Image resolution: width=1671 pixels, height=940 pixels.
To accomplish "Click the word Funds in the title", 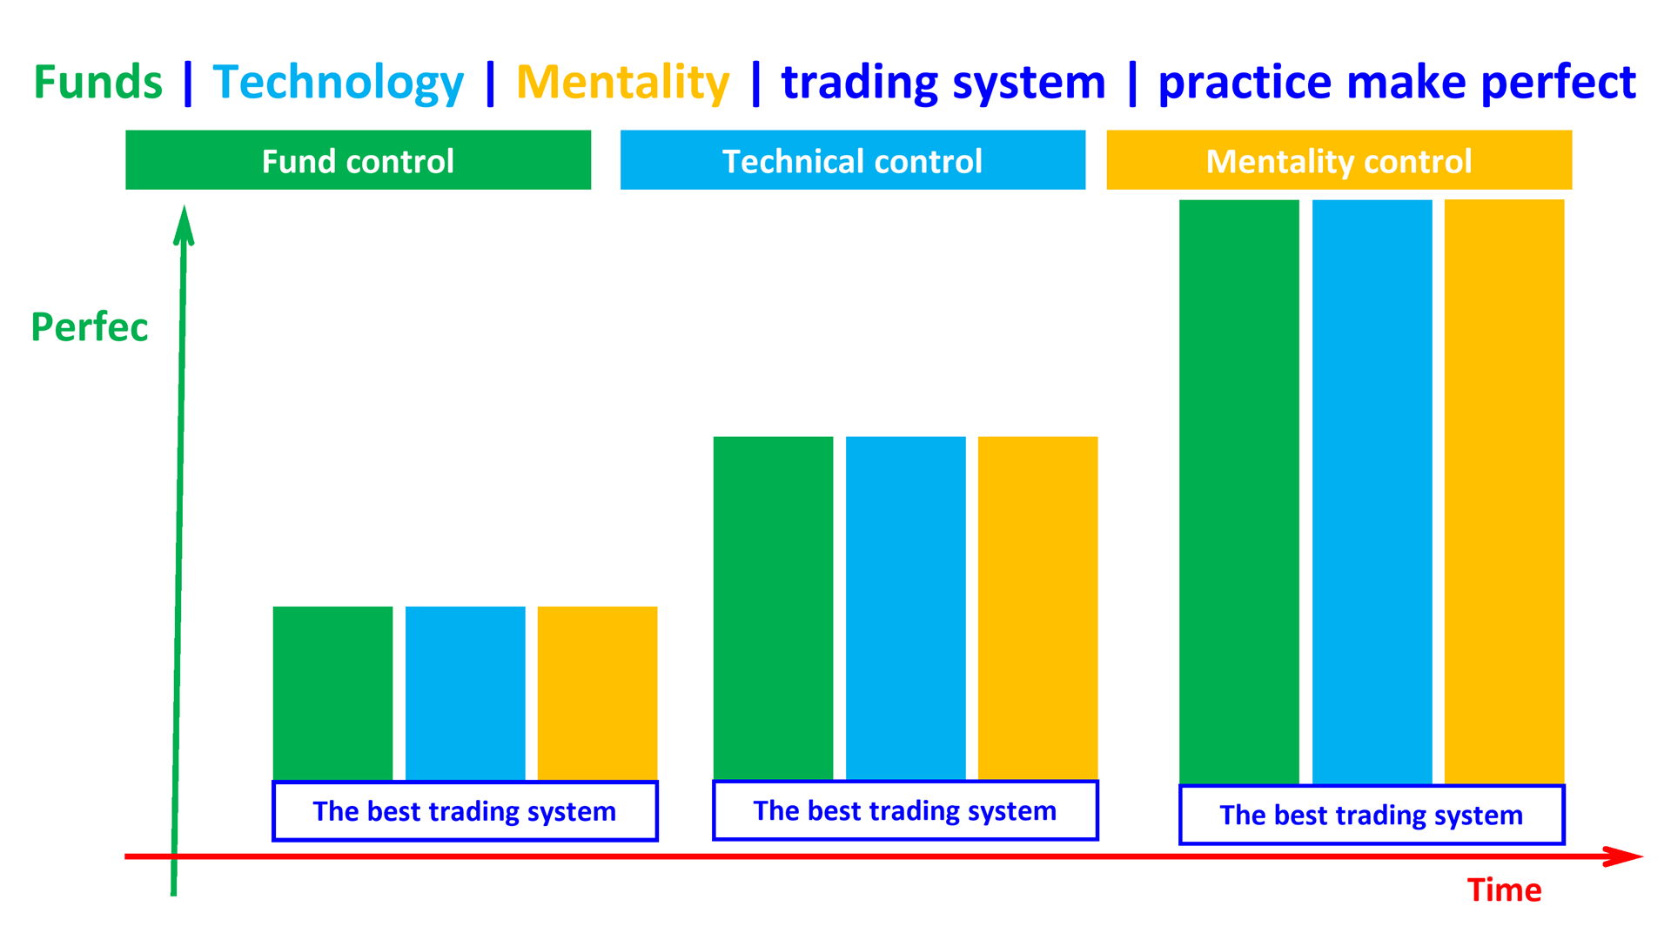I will coord(97,83).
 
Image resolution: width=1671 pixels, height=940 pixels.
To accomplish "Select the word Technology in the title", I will coord(338,84).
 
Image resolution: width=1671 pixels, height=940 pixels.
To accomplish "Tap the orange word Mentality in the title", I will coord(622,83).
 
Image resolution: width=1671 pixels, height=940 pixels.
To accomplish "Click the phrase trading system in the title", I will coord(943,84).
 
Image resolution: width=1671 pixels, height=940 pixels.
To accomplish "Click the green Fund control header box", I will coord(358,160).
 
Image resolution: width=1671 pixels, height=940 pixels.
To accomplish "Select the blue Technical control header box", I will coord(852,160).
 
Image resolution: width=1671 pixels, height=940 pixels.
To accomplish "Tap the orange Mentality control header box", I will coord(1339,160).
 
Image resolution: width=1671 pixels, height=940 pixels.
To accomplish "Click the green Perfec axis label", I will coord(89,327).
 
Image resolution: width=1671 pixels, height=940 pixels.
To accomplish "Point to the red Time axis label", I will coord(1503,890).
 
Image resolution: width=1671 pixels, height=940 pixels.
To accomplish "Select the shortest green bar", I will coord(332,693).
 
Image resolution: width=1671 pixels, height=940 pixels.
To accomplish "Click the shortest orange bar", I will coord(597,693).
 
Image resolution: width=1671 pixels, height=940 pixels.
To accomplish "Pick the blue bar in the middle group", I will coord(905,608).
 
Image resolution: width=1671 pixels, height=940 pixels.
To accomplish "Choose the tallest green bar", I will coord(1238,492).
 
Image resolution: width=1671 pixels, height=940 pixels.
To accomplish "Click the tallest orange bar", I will coord(1504,492).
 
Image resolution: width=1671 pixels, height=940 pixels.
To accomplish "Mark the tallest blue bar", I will coord(1372,492).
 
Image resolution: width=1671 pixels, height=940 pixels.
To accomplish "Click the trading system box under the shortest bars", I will coord(465,811).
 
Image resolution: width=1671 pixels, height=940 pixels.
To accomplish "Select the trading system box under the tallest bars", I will coord(1372,815).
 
